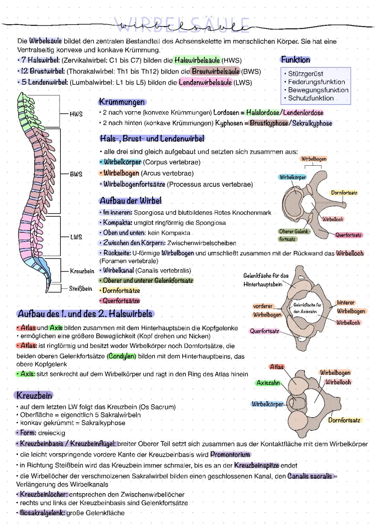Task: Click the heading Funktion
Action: click(x=295, y=60)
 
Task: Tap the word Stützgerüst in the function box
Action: click(x=305, y=74)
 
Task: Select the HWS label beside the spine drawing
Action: click(x=76, y=114)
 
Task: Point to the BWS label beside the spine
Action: click(x=76, y=174)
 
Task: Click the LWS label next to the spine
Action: click(x=76, y=237)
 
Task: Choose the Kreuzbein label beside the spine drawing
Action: click(x=82, y=271)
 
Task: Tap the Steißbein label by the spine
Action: click(x=81, y=289)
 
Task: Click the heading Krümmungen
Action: click(x=122, y=102)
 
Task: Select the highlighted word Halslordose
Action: click(x=262, y=113)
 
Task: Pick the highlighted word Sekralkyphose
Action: click(x=312, y=123)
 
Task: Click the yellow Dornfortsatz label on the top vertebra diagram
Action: click(x=344, y=193)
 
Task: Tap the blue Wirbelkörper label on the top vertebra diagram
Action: click(x=293, y=177)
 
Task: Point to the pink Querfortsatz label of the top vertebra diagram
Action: click(x=348, y=235)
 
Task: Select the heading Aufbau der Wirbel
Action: click(x=131, y=201)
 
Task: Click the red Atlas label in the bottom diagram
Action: click(x=277, y=367)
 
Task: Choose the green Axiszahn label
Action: click(x=268, y=383)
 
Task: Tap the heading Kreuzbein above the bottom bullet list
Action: click(x=34, y=396)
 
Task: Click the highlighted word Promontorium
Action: click(x=230, y=454)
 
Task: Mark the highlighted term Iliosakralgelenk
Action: click(x=42, y=513)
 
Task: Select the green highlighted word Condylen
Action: click(x=122, y=356)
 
